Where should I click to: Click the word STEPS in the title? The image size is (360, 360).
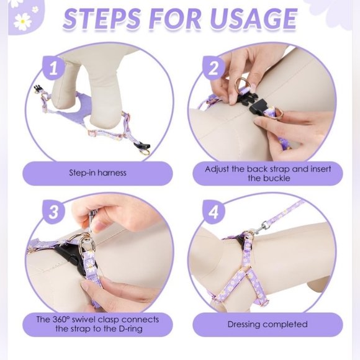101,19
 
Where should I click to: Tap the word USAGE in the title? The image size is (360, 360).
254,19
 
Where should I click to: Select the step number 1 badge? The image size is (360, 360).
53,68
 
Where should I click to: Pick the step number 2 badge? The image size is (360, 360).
214,68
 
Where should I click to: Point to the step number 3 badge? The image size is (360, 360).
53,212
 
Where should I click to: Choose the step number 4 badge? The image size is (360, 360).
214,212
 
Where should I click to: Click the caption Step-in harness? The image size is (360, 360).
97,173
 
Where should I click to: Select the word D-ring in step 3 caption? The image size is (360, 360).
130,328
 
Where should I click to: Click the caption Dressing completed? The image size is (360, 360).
268,324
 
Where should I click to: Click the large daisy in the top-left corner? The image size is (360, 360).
22,22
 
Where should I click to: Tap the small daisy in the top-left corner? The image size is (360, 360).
35,9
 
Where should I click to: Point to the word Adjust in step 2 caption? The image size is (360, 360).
217,169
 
